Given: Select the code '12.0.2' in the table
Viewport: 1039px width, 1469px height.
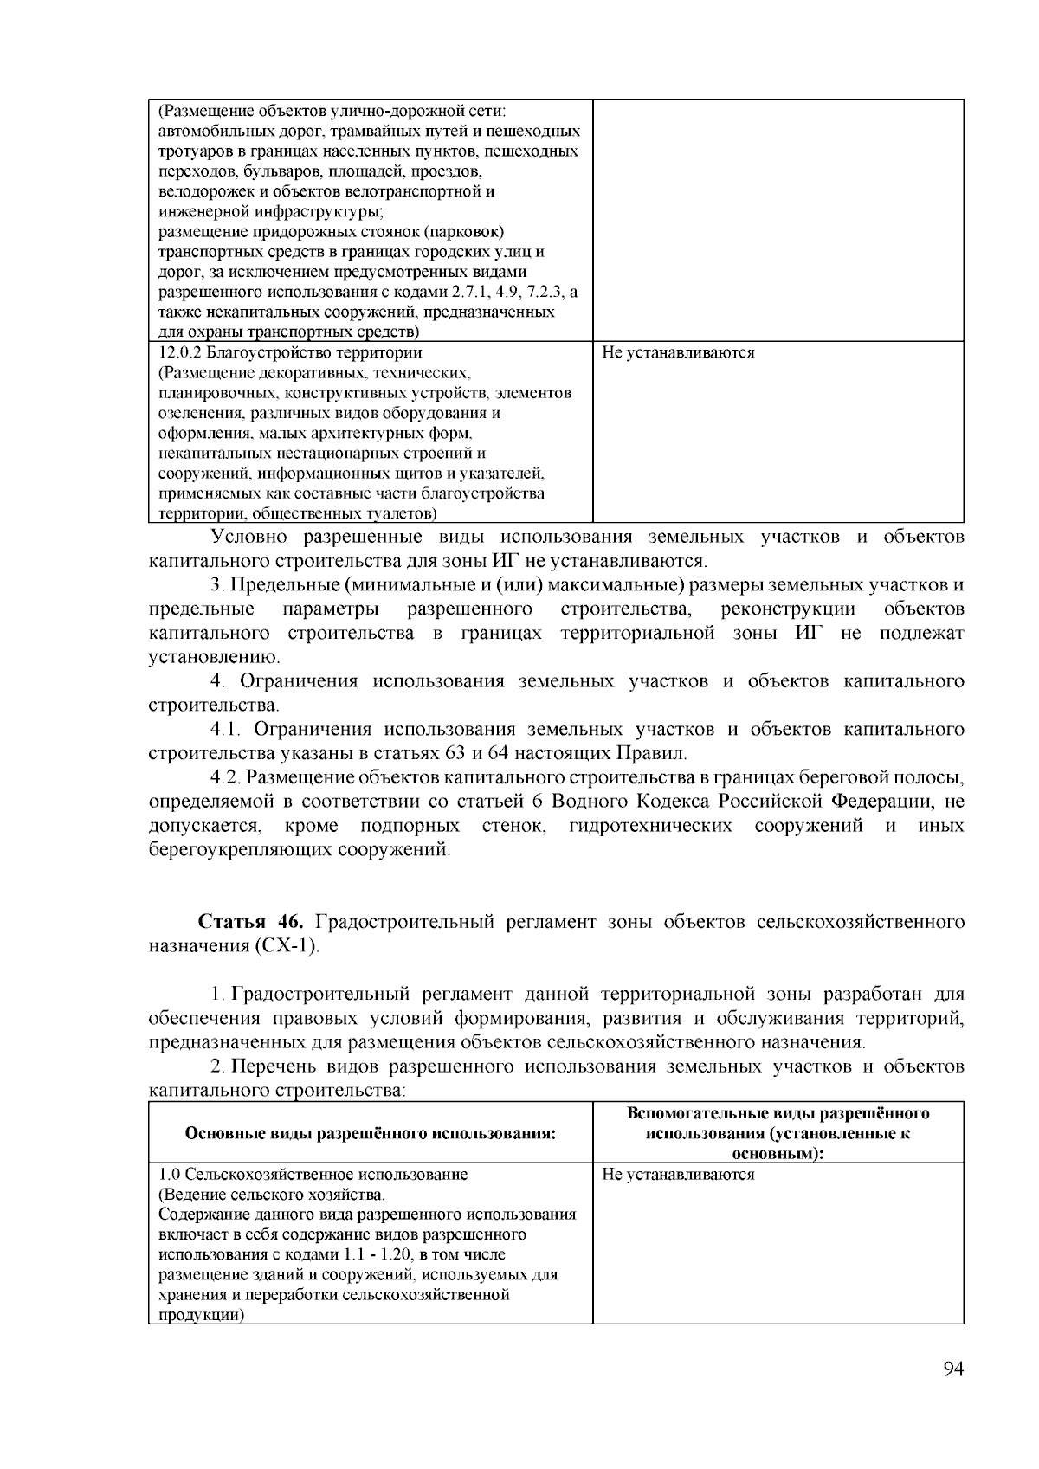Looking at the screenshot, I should click(x=178, y=353).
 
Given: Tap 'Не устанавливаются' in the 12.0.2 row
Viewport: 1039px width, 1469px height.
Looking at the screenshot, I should click(x=678, y=353).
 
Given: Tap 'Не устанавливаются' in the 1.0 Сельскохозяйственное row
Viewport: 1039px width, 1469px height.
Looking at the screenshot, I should click(x=678, y=1175).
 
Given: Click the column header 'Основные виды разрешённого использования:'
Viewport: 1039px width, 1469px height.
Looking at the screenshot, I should click(x=370, y=1133).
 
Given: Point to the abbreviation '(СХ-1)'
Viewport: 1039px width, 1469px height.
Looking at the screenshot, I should click(x=287, y=945).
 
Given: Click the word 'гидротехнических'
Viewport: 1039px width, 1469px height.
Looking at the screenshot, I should click(x=649, y=826).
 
